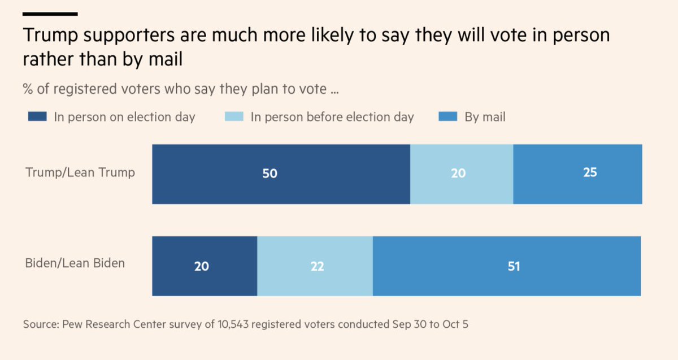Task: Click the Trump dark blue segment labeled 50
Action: (281, 174)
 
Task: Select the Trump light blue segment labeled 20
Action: (461, 174)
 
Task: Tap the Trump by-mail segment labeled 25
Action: (577, 174)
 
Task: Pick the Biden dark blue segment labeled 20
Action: (205, 266)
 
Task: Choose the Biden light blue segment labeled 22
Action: (315, 266)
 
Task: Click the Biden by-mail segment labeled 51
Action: (506, 266)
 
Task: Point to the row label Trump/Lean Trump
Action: (80, 172)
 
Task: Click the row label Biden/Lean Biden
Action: (75, 263)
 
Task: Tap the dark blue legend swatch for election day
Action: (37, 117)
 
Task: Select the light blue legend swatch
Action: (234, 117)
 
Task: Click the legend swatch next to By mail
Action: (448, 117)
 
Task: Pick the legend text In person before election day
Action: (332, 117)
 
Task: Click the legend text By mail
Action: (485, 117)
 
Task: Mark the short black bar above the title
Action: (50, 14)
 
